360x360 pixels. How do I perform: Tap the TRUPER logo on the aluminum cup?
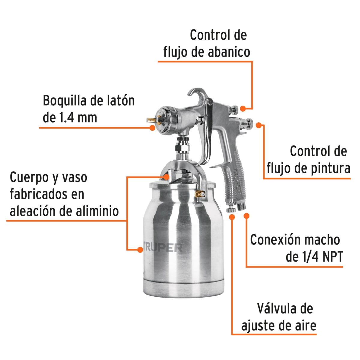pos(162,248)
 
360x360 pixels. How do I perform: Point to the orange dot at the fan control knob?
pos(243,108)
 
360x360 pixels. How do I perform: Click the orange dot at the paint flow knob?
pos(259,125)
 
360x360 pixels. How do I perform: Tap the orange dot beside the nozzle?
pos(152,128)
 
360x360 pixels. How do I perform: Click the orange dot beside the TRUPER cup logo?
pos(140,249)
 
